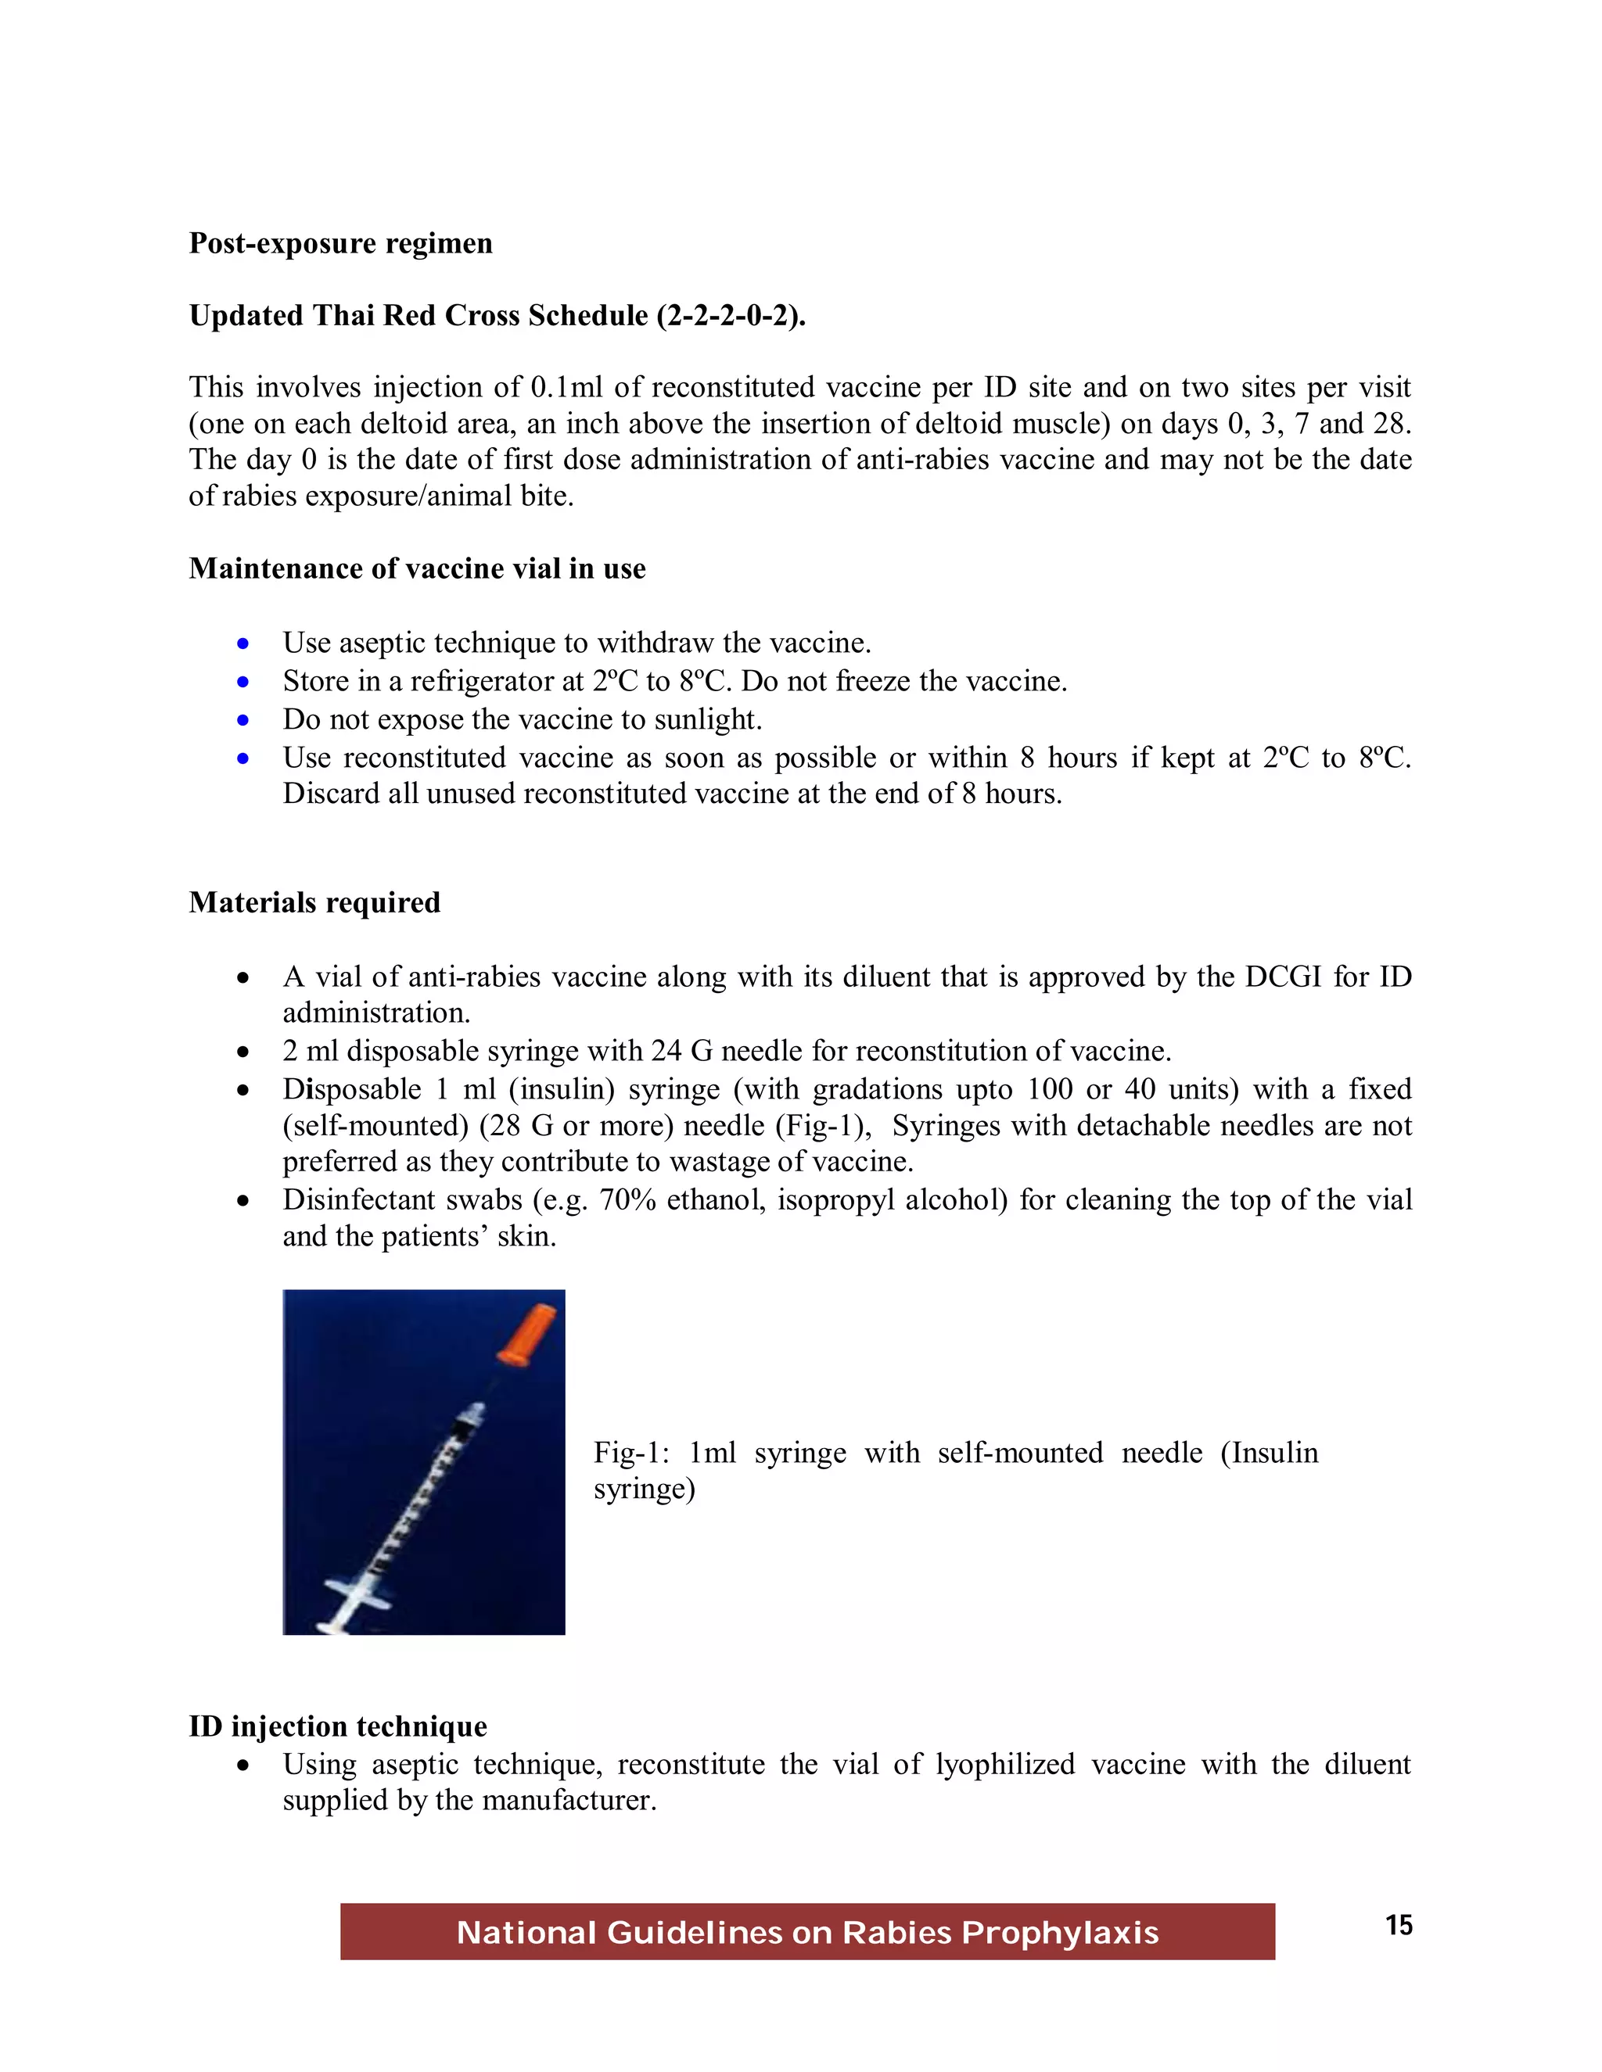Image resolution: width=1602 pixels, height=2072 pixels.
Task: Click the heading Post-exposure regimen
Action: click(341, 244)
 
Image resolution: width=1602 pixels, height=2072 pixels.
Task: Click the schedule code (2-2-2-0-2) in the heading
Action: click(730, 316)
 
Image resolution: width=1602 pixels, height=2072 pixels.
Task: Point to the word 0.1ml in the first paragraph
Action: click(566, 388)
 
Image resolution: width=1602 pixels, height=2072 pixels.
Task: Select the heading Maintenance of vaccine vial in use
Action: click(417, 568)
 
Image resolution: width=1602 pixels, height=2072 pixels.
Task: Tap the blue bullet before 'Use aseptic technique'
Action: click(244, 644)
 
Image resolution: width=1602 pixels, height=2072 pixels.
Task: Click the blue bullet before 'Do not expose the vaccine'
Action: click(244, 721)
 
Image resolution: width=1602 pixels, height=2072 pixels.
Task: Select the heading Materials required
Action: click(314, 902)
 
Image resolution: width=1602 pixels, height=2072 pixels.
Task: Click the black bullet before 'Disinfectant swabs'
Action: click(244, 1202)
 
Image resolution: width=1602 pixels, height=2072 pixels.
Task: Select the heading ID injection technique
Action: click(338, 1726)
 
